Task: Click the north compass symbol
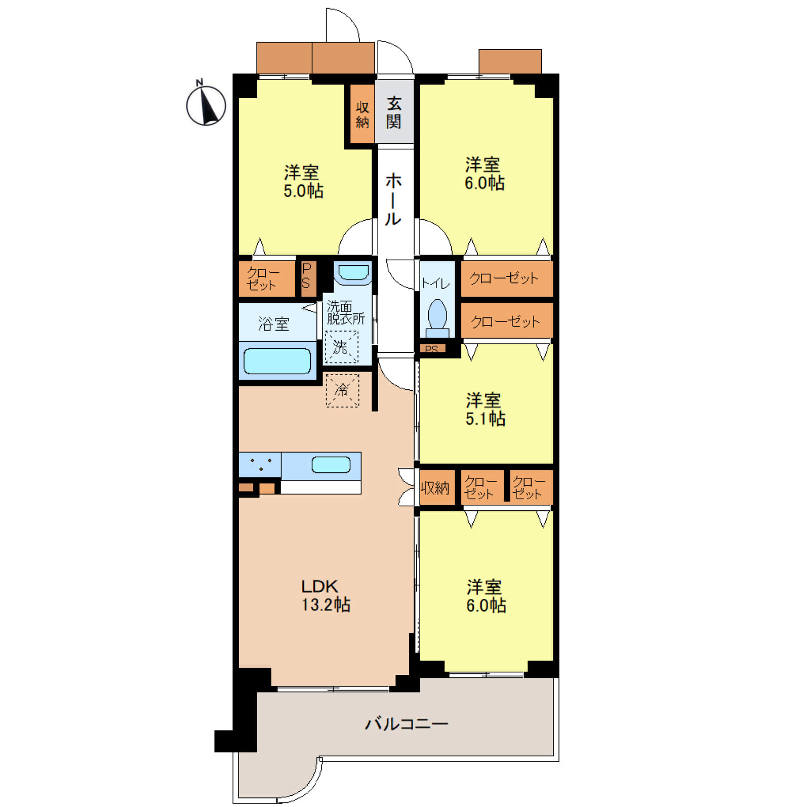point(206,104)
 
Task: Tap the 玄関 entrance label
point(394,112)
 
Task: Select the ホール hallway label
point(393,199)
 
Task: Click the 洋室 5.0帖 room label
point(303,182)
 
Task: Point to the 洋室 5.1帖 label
point(485,409)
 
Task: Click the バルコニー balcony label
point(407,723)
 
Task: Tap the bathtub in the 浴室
point(277,361)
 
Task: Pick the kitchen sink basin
point(331,465)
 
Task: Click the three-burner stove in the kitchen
point(260,465)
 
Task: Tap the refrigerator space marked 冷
point(342,390)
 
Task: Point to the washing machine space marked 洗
point(341,347)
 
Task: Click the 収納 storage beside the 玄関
point(362,114)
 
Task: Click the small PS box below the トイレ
point(432,348)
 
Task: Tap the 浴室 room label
point(273,324)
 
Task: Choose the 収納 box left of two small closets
point(435,488)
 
